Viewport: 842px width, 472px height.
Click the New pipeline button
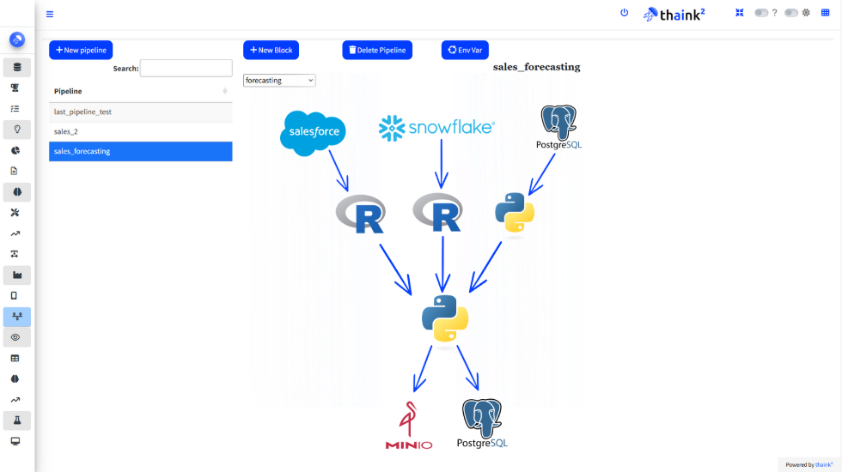(81, 50)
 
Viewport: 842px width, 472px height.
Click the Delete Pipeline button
(377, 50)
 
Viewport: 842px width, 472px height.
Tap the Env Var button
(465, 50)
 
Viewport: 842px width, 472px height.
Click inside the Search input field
(186, 68)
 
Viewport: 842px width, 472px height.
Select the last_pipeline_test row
(140, 112)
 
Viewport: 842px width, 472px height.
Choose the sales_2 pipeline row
(140, 131)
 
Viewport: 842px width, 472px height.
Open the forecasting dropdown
(279, 80)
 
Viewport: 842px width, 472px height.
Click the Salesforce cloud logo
(314, 133)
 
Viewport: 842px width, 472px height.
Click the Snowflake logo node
(436, 128)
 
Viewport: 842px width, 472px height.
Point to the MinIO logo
(409, 426)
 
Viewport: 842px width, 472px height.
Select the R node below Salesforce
(360, 214)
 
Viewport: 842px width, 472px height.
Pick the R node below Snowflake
(438, 212)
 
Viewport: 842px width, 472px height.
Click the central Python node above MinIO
(445, 318)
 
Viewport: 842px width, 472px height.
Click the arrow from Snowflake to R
(442, 163)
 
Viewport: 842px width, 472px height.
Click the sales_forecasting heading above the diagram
(536, 67)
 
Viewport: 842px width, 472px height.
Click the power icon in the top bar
(624, 13)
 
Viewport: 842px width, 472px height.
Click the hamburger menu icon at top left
(50, 14)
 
